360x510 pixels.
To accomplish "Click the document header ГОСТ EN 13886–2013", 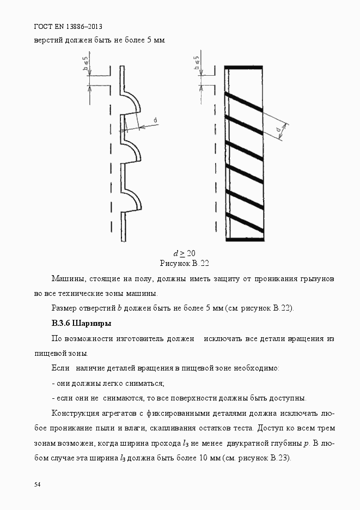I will (68, 26).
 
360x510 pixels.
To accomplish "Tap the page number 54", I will (37, 484).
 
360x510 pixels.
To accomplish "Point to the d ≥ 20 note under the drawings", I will (185, 253).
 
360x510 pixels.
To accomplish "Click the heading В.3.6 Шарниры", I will (81, 324).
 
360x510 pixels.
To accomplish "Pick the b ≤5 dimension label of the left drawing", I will (86, 64).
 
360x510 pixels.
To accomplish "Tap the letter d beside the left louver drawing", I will (155, 120).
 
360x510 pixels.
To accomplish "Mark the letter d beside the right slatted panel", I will (279, 130).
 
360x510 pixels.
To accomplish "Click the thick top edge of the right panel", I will (245, 68).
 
